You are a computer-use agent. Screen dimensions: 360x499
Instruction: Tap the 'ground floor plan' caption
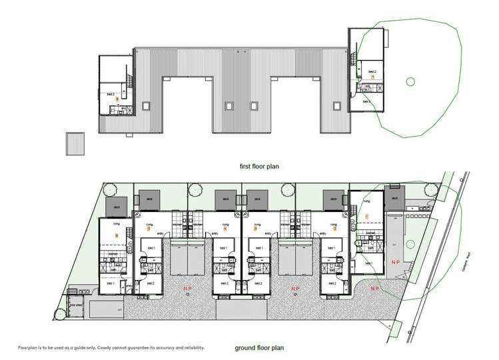coord(260,347)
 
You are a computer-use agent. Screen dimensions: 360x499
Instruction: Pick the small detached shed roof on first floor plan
coord(75,143)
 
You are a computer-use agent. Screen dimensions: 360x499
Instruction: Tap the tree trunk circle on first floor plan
coord(410,81)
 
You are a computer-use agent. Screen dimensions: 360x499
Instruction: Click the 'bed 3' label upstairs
coord(366,101)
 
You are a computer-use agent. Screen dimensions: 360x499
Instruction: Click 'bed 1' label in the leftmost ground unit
coord(108,283)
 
